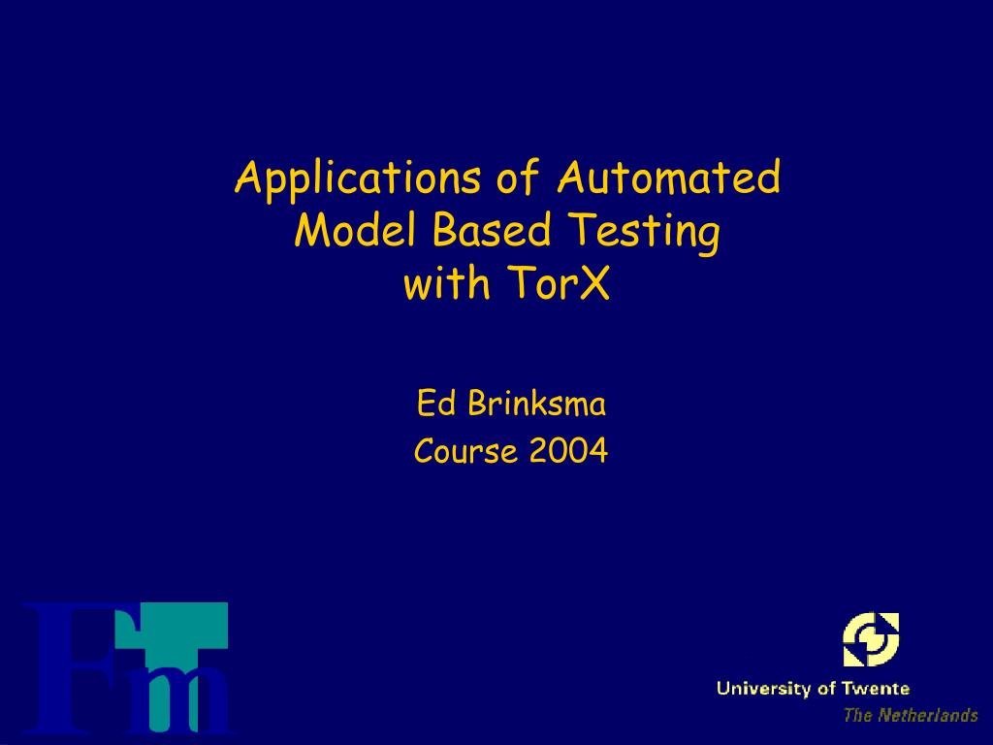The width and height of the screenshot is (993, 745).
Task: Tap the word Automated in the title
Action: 668,178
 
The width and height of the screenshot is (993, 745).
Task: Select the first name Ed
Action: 436,403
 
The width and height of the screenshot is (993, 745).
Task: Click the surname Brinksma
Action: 537,403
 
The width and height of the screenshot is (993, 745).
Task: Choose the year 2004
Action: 569,451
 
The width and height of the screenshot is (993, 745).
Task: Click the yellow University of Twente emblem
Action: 870,639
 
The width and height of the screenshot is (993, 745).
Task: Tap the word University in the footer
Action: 764,689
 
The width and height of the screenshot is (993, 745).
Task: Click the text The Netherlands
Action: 910,716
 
